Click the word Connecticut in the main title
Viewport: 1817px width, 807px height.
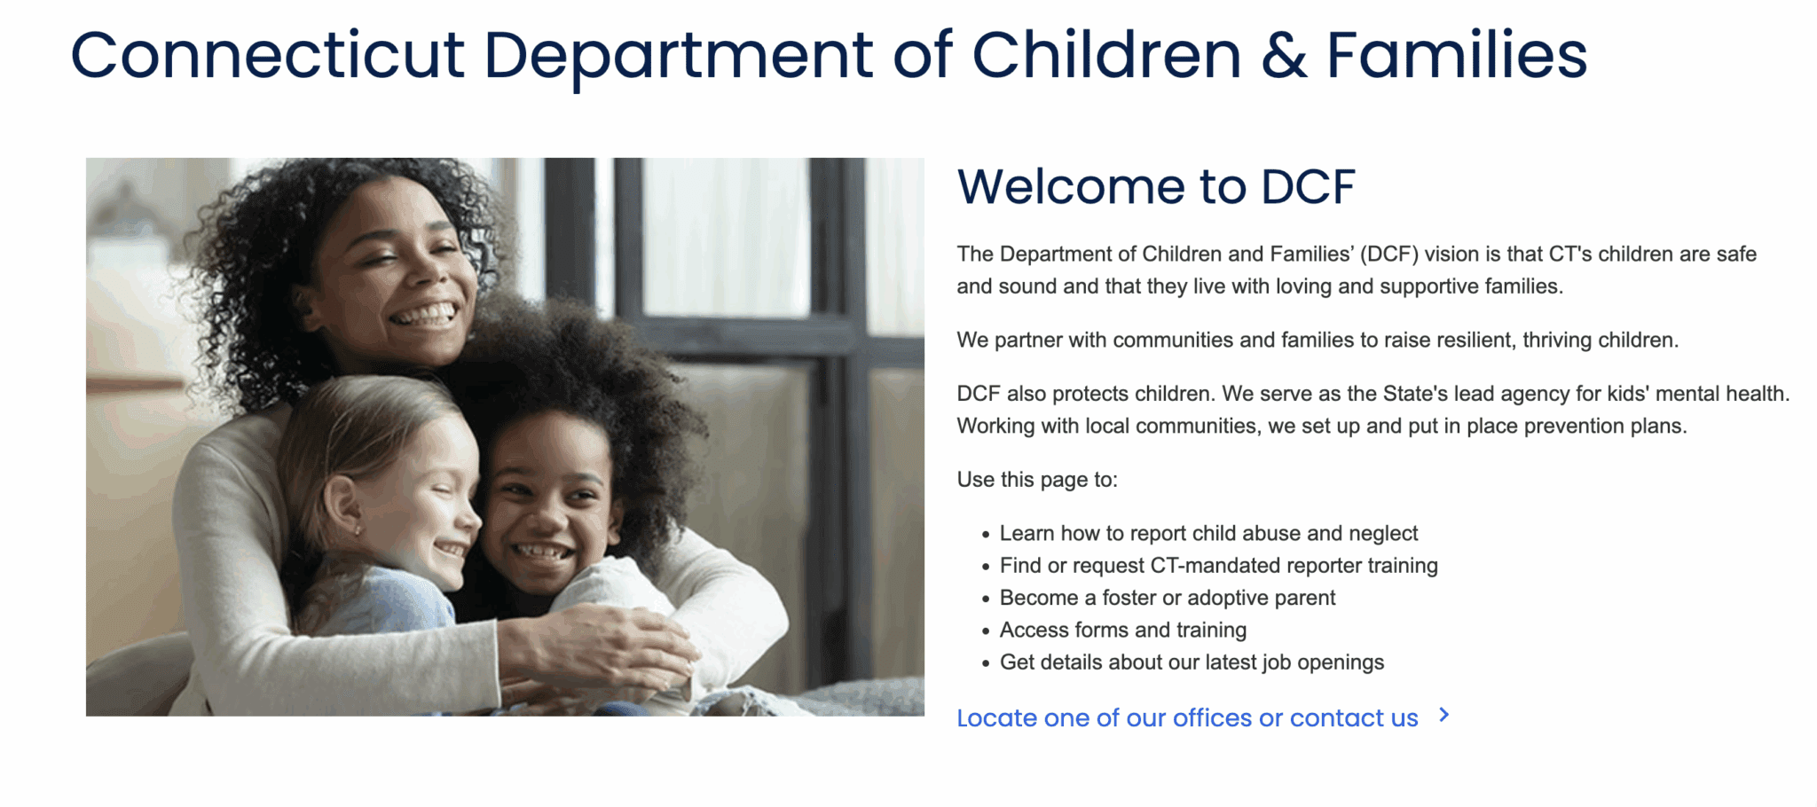click(267, 55)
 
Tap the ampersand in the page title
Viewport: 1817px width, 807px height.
click(1284, 55)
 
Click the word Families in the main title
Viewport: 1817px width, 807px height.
click(1457, 55)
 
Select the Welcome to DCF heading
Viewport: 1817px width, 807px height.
click(1156, 186)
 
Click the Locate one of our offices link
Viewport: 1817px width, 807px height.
click(1187, 717)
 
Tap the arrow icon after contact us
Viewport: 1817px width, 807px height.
click(1444, 715)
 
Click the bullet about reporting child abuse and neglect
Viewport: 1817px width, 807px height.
click(1208, 533)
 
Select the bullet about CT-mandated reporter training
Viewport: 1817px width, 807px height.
click(1219, 565)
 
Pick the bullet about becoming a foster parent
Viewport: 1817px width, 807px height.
click(1168, 598)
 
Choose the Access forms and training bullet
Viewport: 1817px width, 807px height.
click(1123, 630)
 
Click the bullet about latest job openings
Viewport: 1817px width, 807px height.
click(1192, 662)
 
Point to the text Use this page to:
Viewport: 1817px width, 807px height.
click(1037, 480)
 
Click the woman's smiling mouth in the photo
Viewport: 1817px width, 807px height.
click(425, 314)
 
